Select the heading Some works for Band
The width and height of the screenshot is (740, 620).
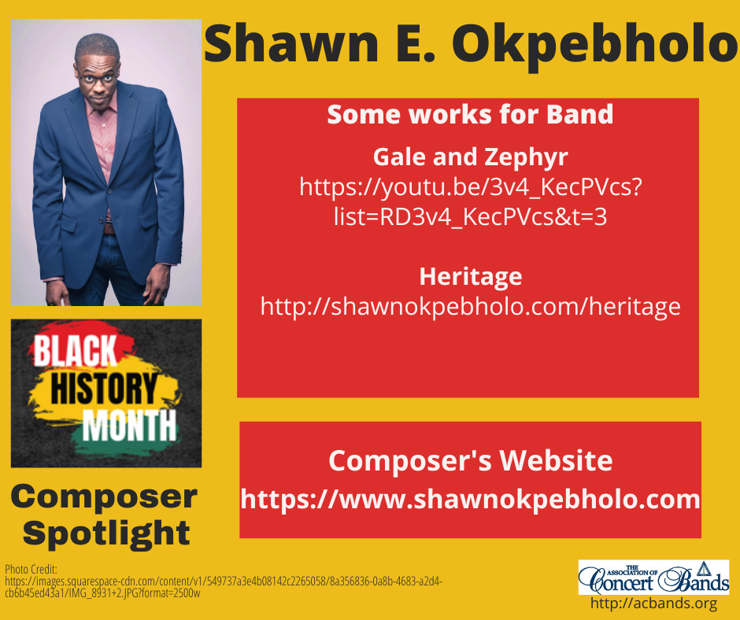point(470,115)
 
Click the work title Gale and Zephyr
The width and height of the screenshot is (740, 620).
point(470,157)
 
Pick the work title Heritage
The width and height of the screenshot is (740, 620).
point(470,276)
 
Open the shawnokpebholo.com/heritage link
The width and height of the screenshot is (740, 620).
point(470,306)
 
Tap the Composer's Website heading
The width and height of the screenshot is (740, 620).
point(470,460)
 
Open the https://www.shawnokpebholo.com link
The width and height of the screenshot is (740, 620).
point(470,499)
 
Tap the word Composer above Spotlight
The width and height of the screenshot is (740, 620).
point(104,496)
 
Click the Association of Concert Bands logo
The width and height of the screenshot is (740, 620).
point(653,577)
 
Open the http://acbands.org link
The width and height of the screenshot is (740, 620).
point(653,604)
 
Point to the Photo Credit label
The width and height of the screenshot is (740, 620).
point(26,569)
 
